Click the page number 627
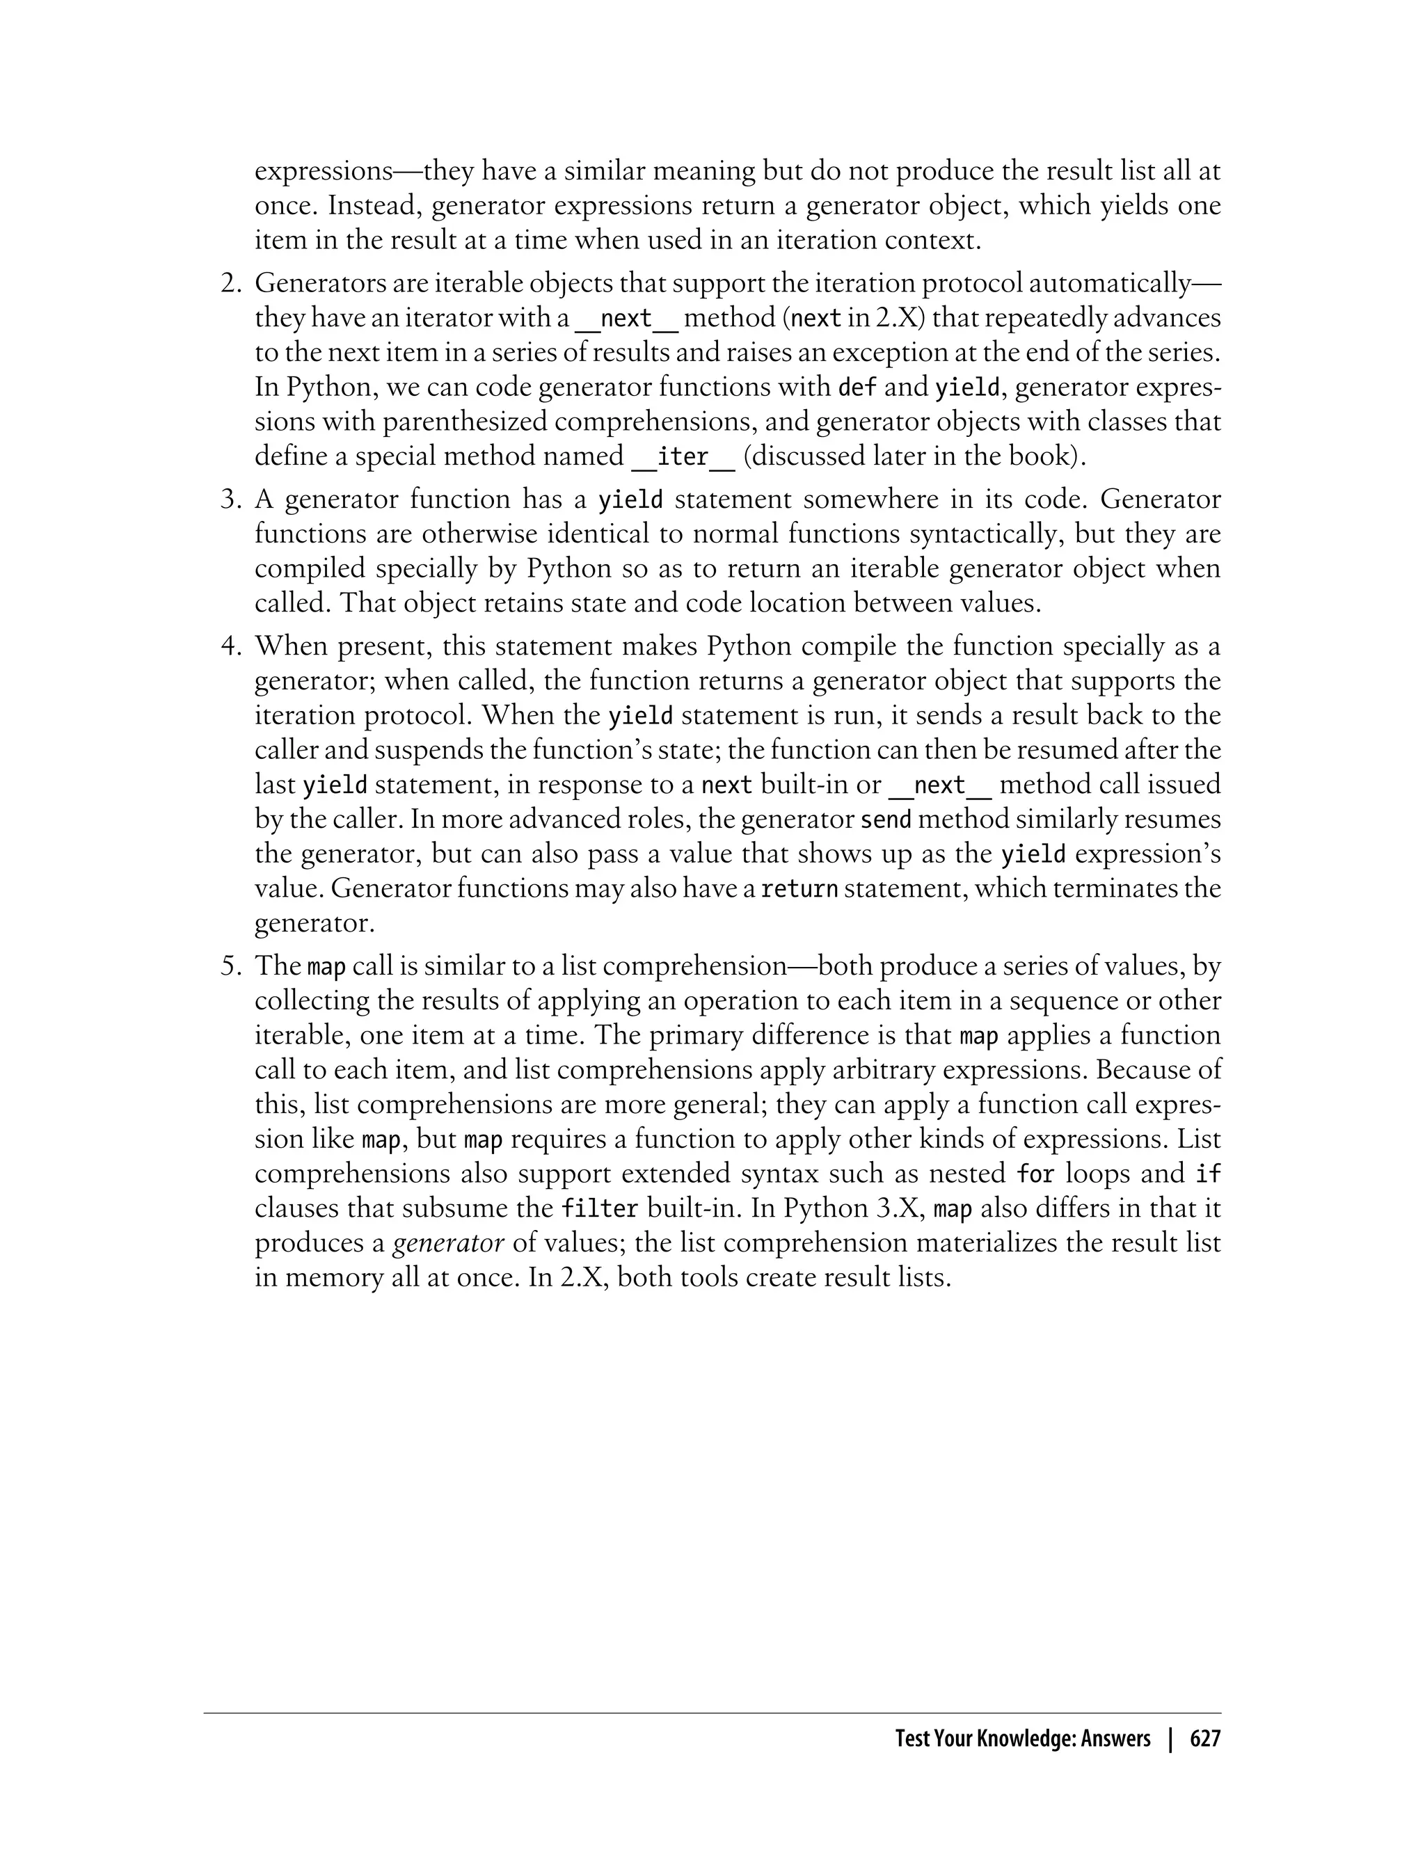(x=1204, y=1739)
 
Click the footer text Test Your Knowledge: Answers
(x=1022, y=1739)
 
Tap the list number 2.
(x=232, y=283)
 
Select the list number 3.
(x=232, y=500)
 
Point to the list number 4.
(x=232, y=646)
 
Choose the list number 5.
(x=232, y=966)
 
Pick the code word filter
(x=600, y=1208)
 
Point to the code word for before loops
(x=1035, y=1174)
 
